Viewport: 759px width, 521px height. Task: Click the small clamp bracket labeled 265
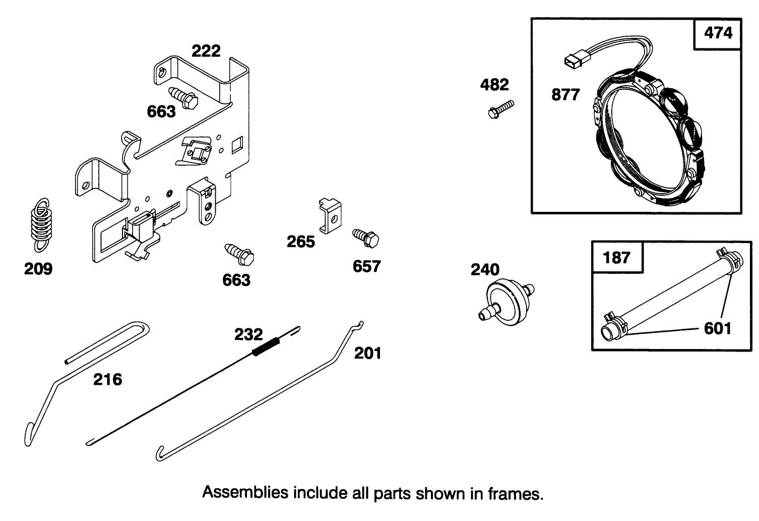(330, 215)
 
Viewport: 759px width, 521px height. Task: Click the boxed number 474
(718, 34)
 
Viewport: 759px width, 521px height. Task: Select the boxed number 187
(616, 257)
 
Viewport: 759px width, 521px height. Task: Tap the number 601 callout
(717, 329)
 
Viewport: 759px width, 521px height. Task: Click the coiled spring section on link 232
(266, 346)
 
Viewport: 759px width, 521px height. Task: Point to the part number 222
(206, 51)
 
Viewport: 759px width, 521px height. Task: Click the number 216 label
(107, 379)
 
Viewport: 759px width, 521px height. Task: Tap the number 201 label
(367, 353)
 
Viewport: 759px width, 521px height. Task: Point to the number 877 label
(565, 94)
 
